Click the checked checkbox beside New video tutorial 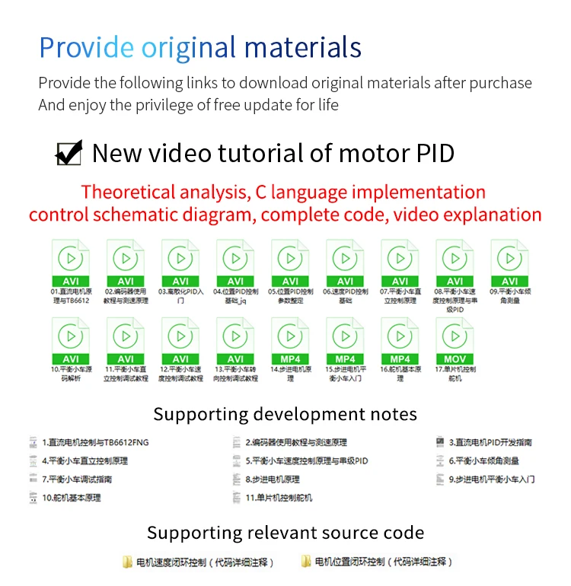[x=69, y=153]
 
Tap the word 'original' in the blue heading [x=193, y=47]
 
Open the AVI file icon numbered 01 [x=71, y=262]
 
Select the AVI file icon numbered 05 [x=290, y=262]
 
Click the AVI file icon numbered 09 [x=509, y=262]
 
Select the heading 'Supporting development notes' [x=285, y=414]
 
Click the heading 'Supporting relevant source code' [x=285, y=533]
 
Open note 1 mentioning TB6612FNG [x=95, y=442]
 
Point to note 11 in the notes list [x=279, y=498]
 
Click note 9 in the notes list [x=492, y=479]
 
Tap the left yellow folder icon [x=128, y=562]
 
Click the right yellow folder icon [x=306, y=562]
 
